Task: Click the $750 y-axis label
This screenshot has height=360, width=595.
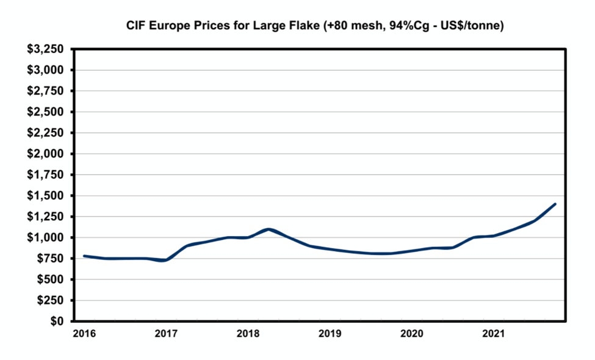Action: click(x=51, y=259)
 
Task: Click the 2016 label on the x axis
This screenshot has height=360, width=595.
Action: click(x=84, y=333)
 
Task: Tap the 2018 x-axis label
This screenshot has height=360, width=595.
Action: click(x=247, y=333)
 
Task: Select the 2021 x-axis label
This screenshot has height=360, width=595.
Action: click(x=493, y=333)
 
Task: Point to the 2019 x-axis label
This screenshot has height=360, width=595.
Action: click(x=330, y=333)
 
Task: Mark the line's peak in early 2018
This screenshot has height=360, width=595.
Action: click(x=269, y=229)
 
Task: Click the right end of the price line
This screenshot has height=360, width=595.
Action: click(x=555, y=204)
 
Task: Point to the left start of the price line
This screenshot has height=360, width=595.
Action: click(x=84, y=256)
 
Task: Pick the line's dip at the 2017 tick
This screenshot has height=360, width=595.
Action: click(x=164, y=261)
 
